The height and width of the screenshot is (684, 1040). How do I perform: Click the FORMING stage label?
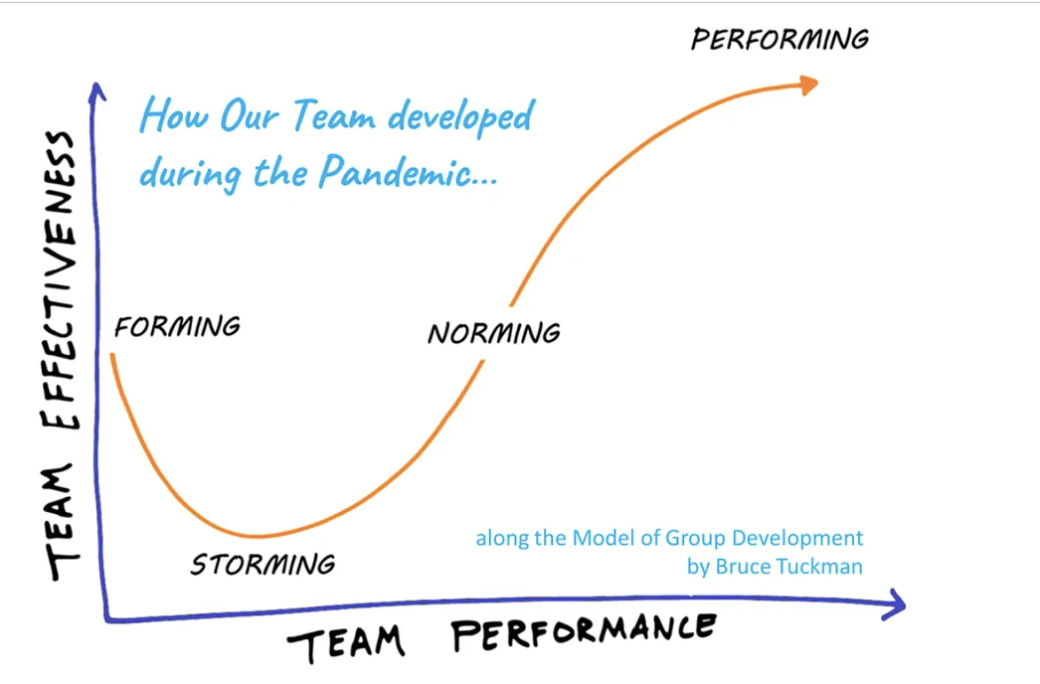[x=177, y=326]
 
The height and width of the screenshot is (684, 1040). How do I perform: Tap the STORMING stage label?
[x=262, y=565]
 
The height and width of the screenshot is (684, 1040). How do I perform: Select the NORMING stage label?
[x=494, y=333]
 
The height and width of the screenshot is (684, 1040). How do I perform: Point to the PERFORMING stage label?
[x=780, y=39]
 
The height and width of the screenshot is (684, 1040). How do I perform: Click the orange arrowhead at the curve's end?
[x=808, y=85]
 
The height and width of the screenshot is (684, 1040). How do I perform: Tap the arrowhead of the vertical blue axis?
[x=96, y=91]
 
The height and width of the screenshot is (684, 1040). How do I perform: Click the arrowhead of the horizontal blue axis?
[x=894, y=604]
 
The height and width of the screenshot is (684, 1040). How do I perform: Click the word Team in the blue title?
[x=334, y=115]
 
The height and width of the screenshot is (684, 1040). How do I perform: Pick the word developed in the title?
[x=460, y=116]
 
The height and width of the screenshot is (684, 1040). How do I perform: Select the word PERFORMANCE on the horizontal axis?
[x=584, y=632]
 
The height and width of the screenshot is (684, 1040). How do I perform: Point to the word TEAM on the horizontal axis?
[x=346, y=643]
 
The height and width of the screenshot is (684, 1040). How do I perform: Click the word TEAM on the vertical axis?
[x=62, y=522]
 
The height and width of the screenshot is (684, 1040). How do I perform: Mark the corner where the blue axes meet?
[x=106, y=619]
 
